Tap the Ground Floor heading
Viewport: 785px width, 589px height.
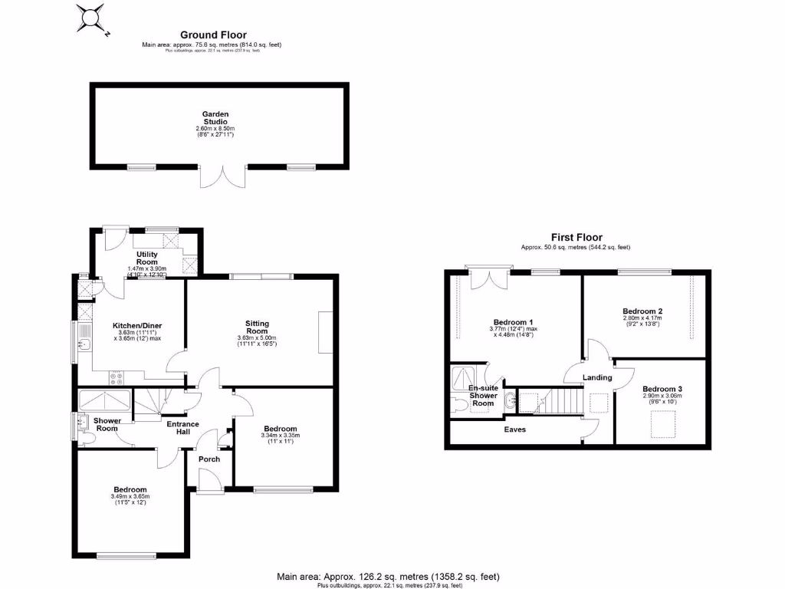[x=212, y=35]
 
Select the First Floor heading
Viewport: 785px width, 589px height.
[x=576, y=238]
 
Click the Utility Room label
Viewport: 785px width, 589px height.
[x=146, y=258]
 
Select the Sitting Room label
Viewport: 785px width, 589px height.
[x=257, y=327]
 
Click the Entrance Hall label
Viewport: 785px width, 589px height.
[x=183, y=428]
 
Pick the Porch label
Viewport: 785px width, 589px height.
[x=209, y=459]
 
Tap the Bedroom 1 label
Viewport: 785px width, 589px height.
[x=513, y=321]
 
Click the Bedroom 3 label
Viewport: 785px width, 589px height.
[x=662, y=390]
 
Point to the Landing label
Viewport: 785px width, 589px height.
[x=597, y=377]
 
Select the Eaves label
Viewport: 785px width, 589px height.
[x=514, y=429]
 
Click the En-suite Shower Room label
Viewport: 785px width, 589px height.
[x=482, y=396]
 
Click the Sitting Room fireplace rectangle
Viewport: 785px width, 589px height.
[x=325, y=331]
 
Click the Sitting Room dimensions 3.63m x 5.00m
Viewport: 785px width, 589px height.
[x=257, y=338]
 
